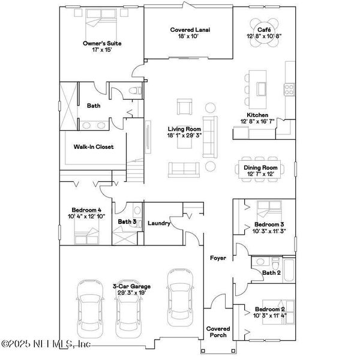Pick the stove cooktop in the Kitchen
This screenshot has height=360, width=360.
pyautogui.click(x=289, y=89)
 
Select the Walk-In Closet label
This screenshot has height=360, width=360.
pyautogui.click(x=93, y=146)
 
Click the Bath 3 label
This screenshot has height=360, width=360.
pyautogui.click(x=127, y=221)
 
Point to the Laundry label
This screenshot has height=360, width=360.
pyautogui.click(x=159, y=224)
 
